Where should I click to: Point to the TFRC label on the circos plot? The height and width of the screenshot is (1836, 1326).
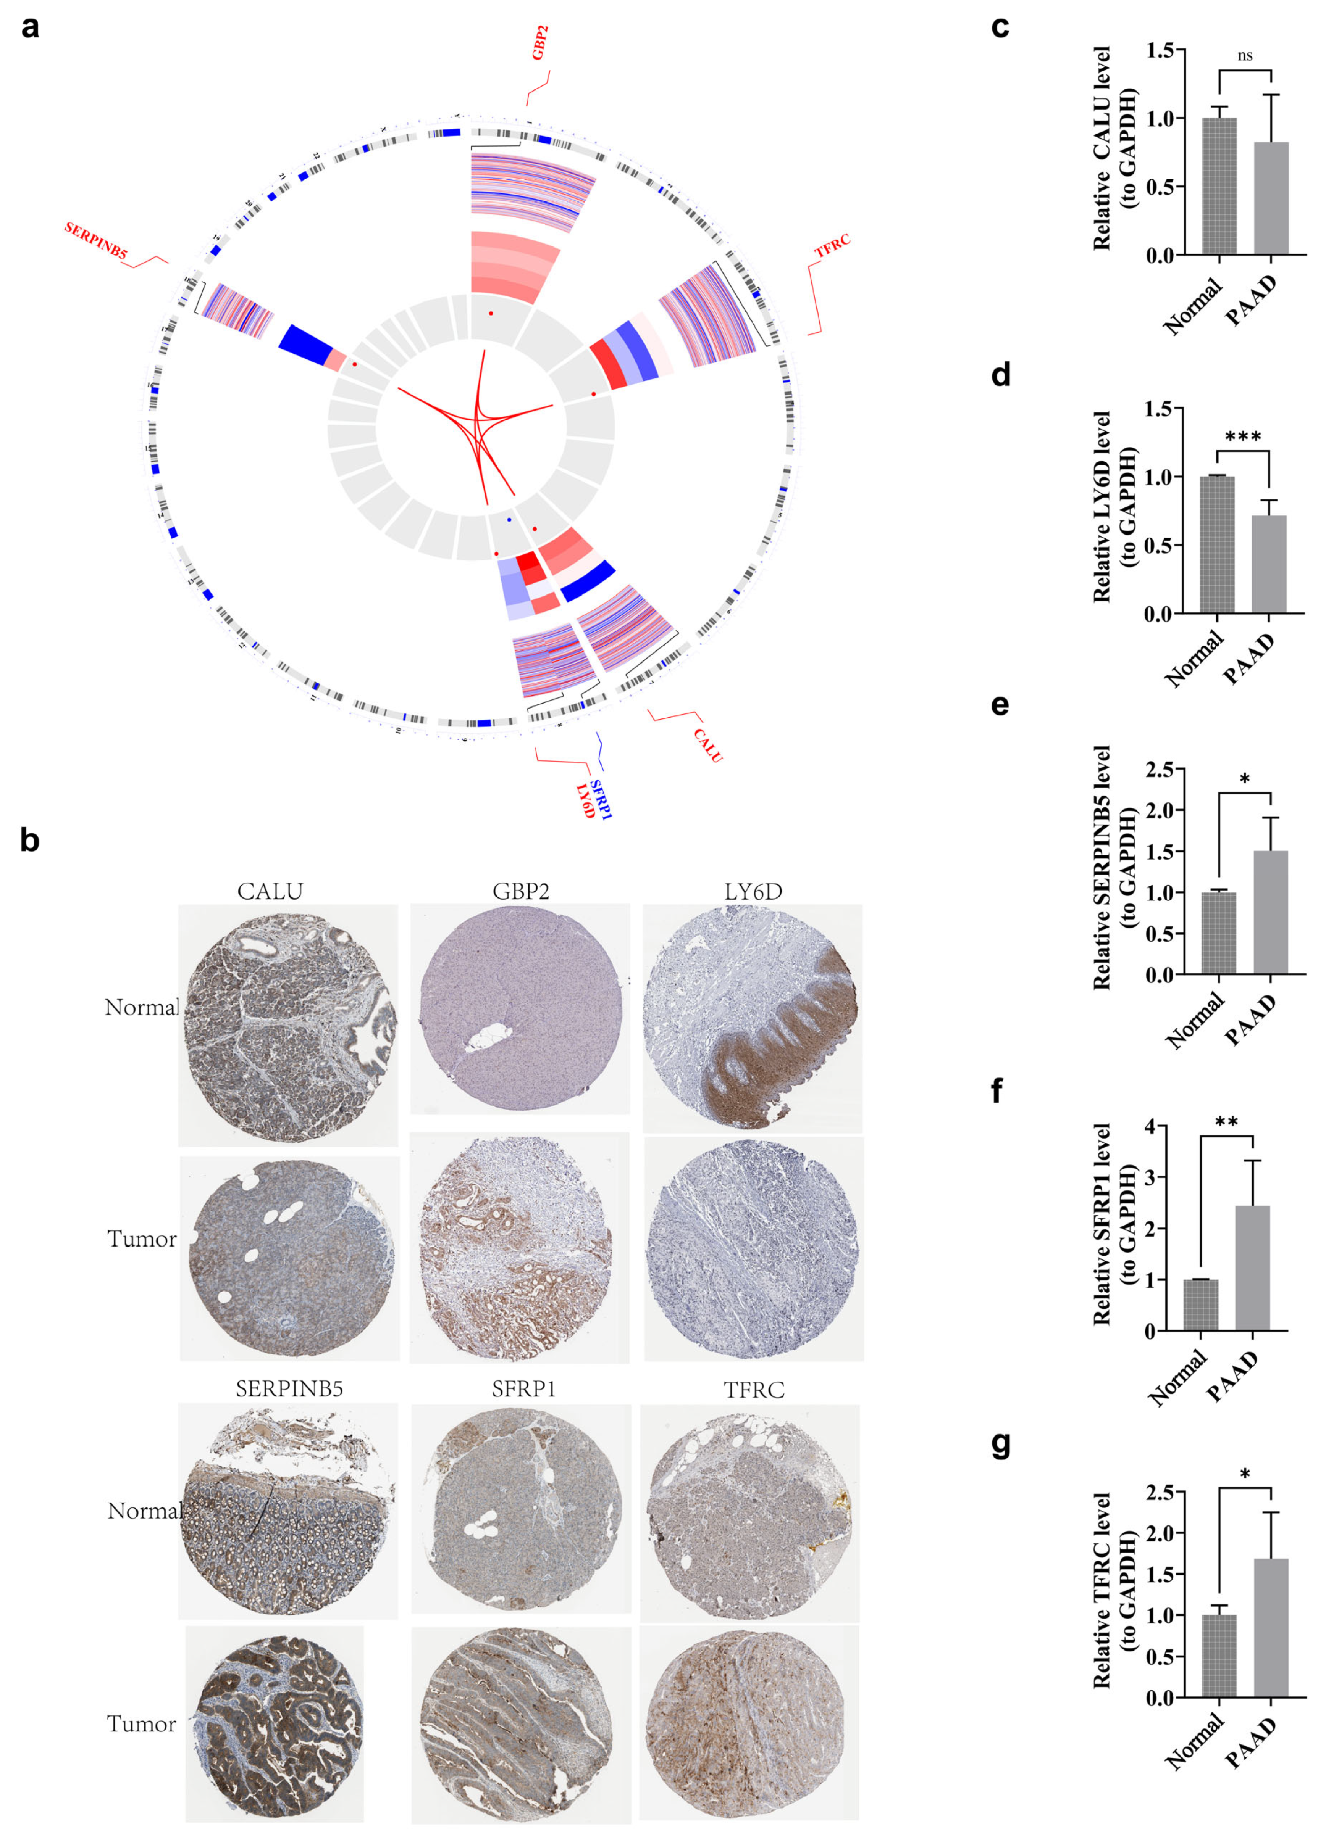(832, 245)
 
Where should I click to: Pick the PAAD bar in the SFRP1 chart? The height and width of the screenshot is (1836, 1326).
(1252, 1269)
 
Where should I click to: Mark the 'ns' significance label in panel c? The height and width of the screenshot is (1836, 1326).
(1245, 56)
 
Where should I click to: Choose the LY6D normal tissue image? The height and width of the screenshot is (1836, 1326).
(753, 1018)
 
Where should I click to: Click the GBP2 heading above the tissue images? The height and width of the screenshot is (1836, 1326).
(521, 891)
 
